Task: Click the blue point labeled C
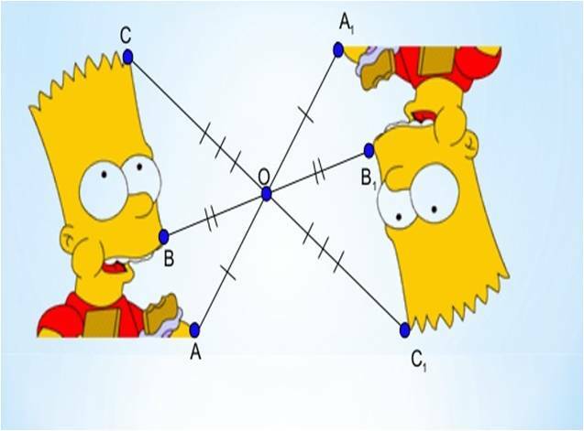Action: [x=127, y=57]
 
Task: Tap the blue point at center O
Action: [x=266, y=194]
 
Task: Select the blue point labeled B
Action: [x=163, y=237]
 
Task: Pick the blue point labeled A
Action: [x=194, y=329]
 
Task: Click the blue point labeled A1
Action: [x=337, y=49]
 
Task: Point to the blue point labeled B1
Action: [x=369, y=150]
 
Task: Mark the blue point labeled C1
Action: [x=405, y=329]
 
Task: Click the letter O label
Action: [x=264, y=178]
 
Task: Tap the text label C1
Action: [x=418, y=361]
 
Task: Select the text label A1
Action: [x=346, y=25]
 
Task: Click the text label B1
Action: [x=368, y=179]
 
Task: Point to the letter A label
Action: [x=195, y=351]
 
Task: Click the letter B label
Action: [x=169, y=259]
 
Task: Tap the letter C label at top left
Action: [x=126, y=36]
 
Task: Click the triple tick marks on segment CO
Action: [x=220, y=148]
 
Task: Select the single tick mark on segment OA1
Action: [x=305, y=115]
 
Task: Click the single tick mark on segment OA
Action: [x=228, y=272]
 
